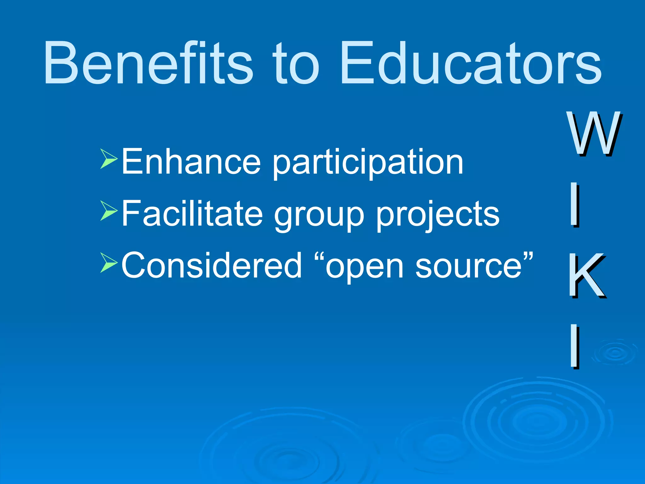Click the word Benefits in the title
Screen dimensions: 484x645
(148, 63)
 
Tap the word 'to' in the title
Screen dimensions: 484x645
(296, 65)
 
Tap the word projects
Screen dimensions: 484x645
(438, 216)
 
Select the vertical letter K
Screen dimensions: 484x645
(586, 276)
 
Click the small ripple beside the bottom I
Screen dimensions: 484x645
(615, 353)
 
